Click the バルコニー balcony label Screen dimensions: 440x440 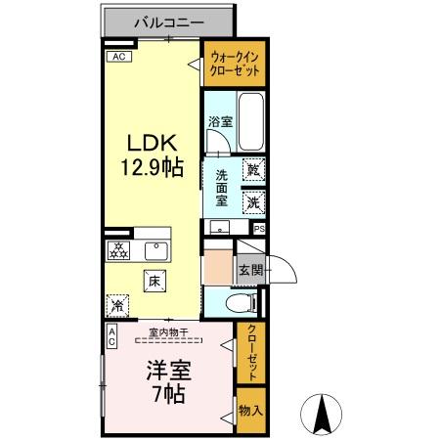click(168, 20)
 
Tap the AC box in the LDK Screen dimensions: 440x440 click(118, 57)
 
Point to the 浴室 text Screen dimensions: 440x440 click(220, 122)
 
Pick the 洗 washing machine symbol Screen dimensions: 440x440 click(253, 202)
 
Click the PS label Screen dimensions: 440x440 click(259, 229)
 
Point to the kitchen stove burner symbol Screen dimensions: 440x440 click(118, 250)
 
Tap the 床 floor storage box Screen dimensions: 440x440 click(154, 282)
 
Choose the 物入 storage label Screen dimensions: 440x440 click(250, 411)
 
